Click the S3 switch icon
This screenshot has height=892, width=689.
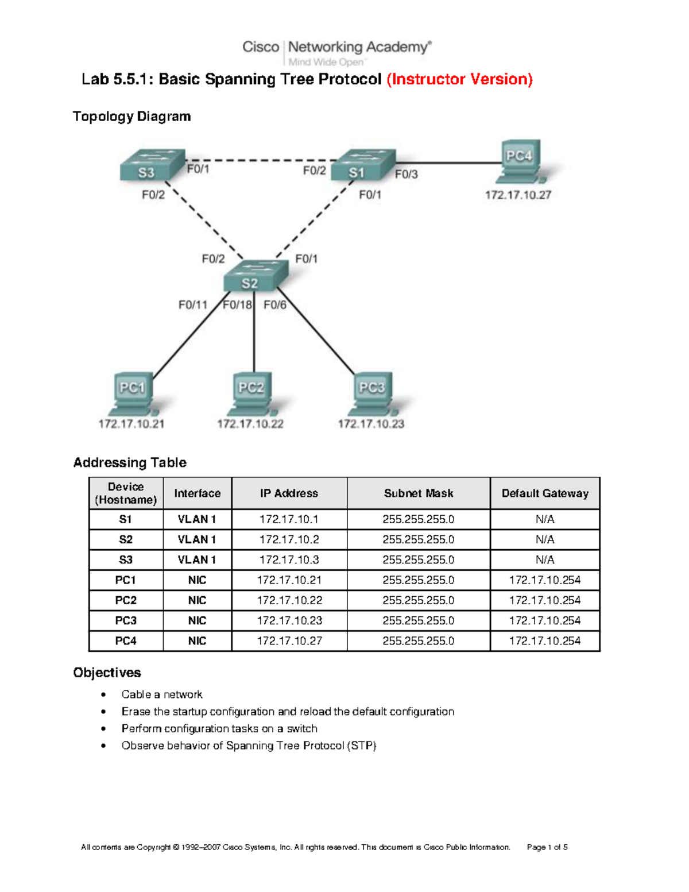(152, 165)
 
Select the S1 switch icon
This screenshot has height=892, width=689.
(363, 165)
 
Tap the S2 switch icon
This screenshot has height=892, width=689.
(255, 276)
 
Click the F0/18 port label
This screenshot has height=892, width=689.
(237, 305)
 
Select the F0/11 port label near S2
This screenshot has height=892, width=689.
(192, 305)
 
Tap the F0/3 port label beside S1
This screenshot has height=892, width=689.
(406, 175)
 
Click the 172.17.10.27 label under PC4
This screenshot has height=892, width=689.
(518, 195)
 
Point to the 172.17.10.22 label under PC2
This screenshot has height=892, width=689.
(250, 424)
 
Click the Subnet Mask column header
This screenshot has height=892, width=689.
(419, 493)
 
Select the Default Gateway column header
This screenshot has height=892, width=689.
(545, 493)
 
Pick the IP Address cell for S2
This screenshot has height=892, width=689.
(289, 539)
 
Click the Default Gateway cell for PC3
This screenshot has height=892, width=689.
(545, 620)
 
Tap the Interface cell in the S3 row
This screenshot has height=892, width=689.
(197, 559)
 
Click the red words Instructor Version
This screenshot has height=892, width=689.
(459, 79)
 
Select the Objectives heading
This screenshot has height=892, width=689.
(107, 673)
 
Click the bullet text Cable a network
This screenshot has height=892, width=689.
(162, 694)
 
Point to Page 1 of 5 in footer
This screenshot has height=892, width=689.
(547, 847)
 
